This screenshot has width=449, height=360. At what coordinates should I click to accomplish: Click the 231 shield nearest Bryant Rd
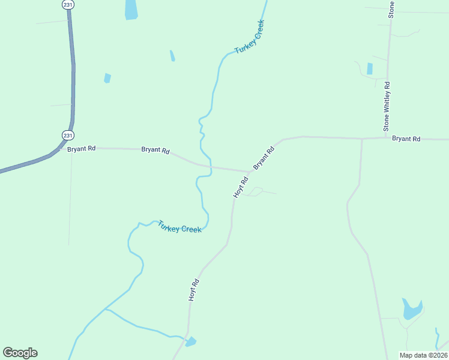coord(65,134)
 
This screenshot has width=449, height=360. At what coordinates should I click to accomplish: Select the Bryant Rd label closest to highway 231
coord(81,148)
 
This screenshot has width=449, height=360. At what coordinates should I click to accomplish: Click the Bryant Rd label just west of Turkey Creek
coord(155,150)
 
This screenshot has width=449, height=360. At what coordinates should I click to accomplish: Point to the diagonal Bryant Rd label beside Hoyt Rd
coord(264,156)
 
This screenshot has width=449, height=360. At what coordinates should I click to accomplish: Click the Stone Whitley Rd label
coord(388,106)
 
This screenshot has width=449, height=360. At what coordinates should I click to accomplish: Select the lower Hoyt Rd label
coord(193,290)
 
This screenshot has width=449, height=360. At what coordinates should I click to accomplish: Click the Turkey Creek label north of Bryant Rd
coord(250,37)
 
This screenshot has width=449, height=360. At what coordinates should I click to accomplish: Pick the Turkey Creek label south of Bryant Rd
coord(179,227)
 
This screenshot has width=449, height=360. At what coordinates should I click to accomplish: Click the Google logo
coord(20,353)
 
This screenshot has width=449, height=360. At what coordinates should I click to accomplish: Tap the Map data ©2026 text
coord(423,355)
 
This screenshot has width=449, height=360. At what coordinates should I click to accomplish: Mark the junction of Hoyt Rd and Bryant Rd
coord(249,172)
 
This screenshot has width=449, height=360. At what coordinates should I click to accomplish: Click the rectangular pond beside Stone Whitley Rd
coord(370,68)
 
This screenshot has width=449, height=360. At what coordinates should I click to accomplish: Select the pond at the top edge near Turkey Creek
coord(131,9)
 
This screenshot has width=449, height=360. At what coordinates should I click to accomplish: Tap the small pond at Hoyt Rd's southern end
coord(190,342)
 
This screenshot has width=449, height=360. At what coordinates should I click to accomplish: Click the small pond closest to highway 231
coord(107,78)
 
